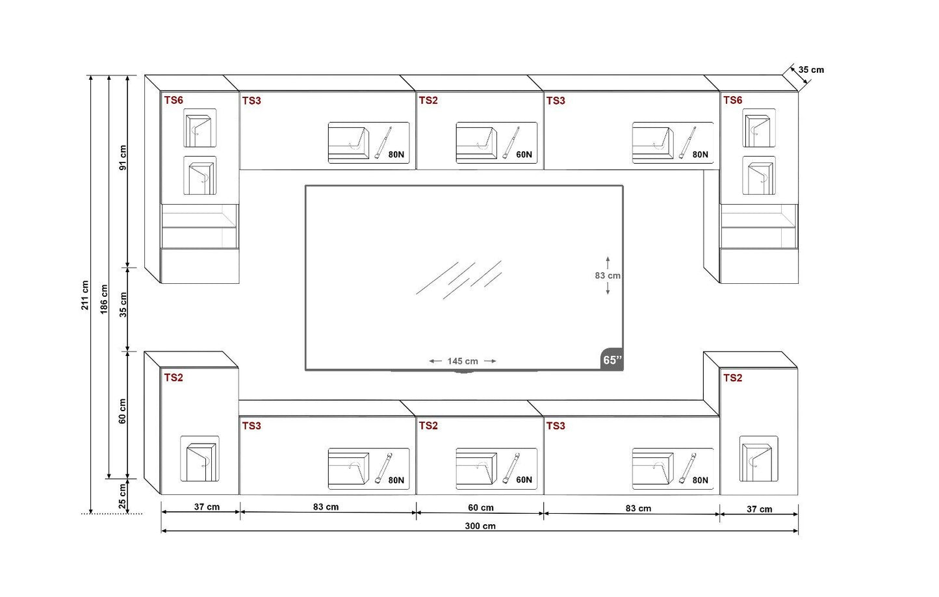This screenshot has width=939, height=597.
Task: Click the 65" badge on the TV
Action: (611, 360)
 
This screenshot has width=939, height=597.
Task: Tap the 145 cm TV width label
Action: (462, 361)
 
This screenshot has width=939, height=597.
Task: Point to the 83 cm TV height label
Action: (608, 275)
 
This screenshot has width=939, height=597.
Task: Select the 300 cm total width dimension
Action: (480, 526)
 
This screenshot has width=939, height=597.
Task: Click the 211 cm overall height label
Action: (85, 295)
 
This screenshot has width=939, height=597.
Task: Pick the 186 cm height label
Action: (104, 299)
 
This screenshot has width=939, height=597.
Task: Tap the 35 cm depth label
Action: (811, 70)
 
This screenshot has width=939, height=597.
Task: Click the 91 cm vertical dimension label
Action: (123, 157)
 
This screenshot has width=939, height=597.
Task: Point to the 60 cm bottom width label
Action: (481, 507)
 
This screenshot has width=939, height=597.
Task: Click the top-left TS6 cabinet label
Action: (174, 100)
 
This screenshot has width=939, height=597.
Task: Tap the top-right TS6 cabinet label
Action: (732, 100)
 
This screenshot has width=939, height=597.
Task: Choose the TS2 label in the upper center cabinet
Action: (428, 100)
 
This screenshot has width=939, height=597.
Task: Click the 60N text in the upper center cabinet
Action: (524, 155)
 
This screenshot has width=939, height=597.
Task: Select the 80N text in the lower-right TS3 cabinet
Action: (700, 480)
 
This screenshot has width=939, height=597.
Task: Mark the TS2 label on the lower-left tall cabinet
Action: (174, 377)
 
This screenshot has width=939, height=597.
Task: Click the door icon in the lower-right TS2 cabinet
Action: (758, 459)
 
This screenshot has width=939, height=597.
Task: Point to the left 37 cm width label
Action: (207, 507)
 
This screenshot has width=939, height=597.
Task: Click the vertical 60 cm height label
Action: (123, 411)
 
